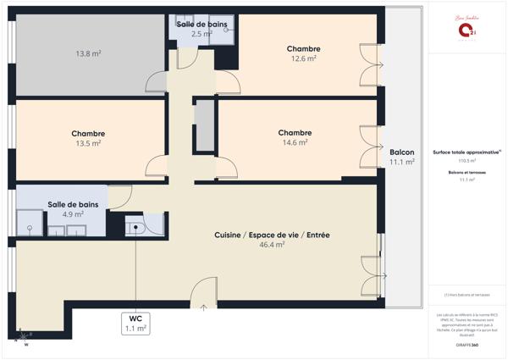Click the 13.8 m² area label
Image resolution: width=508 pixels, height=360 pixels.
[89, 53]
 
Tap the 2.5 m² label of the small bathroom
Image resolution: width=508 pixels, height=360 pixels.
[202, 34]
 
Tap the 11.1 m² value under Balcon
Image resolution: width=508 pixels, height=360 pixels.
[401, 162]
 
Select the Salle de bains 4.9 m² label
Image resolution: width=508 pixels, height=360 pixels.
[72, 209]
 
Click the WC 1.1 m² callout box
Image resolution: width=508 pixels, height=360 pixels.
[135, 323]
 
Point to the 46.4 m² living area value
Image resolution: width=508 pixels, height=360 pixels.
[271, 245]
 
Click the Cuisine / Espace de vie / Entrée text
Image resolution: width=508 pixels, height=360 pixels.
[271, 234]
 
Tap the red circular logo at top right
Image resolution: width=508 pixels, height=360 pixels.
[467, 30]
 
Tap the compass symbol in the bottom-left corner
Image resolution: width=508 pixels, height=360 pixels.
[25, 336]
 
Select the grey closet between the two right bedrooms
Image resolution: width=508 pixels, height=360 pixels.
[205, 125]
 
